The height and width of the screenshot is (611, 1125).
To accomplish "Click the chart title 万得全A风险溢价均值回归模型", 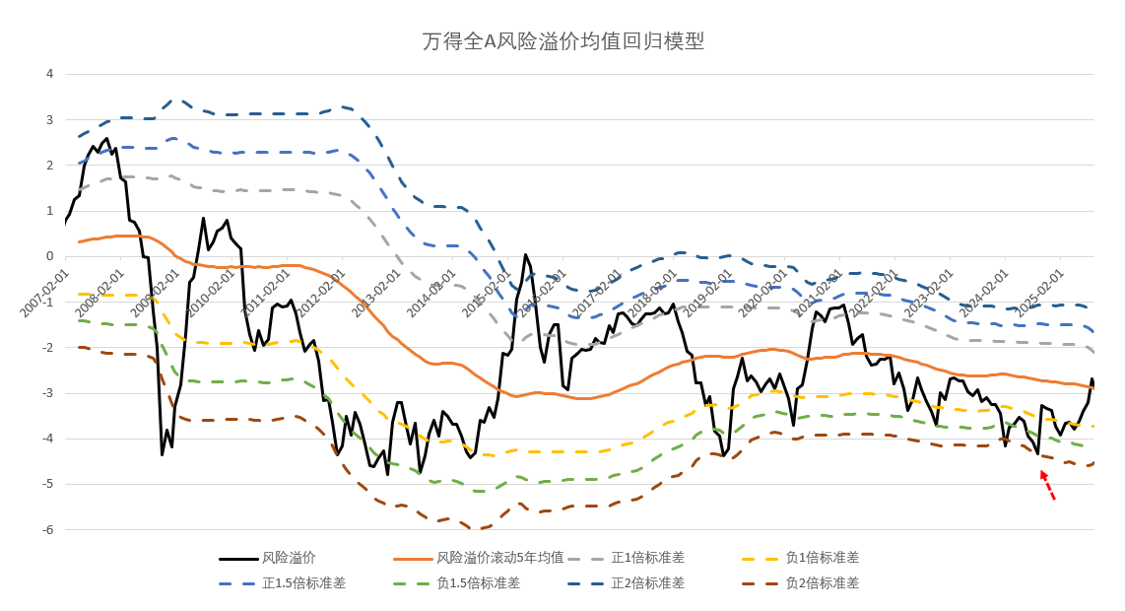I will click(x=562, y=41).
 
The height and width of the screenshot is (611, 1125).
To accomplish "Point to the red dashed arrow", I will click(x=1048, y=486).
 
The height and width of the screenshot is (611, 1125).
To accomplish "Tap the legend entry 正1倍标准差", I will click(x=647, y=558).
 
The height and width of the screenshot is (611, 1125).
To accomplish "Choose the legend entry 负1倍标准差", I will click(x=822, y=558).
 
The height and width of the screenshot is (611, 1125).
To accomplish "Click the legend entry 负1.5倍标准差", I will click(x=478, y=582).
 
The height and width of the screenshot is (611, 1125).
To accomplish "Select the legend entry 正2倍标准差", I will click(x=647, y=582).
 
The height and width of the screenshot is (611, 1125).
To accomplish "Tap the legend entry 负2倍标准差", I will click(x=822, y=582).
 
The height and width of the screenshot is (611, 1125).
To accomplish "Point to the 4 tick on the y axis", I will click(x=49, y=74).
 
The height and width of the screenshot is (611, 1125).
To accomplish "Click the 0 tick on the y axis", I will click(x=49, y=256).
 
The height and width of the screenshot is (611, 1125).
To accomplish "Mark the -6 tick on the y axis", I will click(x=47, y=529).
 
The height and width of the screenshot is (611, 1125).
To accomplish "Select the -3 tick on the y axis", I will click(x=47, y=393).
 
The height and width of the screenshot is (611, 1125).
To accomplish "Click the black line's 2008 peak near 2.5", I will click(x=106, y=139).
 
